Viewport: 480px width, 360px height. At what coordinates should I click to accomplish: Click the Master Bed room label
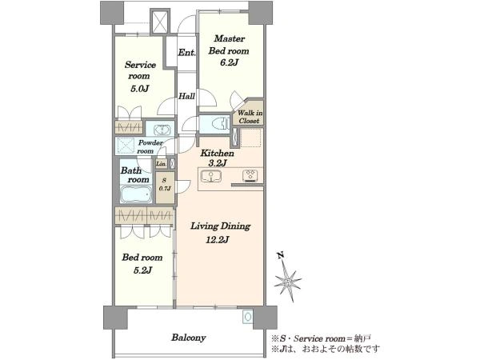pyautogui.click(x=229, y=45)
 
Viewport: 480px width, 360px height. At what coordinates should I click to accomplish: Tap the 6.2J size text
pyautogui.click(x=229, y=62)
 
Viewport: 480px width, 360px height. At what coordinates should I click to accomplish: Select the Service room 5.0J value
pyautogui.click(x=139, y=89)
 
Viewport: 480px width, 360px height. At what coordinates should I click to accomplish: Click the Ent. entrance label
pyautogui.click(x=186, y=53)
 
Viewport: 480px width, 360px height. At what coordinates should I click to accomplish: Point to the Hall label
pyautogui.click(x=186, y=96)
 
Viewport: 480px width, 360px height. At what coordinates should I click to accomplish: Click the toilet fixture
pyautogui.click(x=221, y=123)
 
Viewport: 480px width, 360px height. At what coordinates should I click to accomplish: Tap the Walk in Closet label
pyautogui.click(x=250, y=117)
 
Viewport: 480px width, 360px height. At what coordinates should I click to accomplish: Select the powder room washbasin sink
pyautogui.click(x=161, y=130)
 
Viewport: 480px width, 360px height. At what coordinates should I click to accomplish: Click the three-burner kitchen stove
pyautogui.click(x=250, y=176)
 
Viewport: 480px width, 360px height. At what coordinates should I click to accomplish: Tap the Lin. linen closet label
pyautogui.click(x=162, y=164)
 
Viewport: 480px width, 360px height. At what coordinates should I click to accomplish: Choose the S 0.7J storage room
pyautogui.click(x=165, y=187)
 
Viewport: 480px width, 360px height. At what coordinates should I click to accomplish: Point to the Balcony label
pyautogui.click(x=189, y=338)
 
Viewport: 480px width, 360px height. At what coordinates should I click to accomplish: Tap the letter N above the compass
pyautogui.click(x=280, y=255)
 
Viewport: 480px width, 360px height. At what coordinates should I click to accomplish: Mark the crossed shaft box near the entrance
pyautogui.click(x=160, y=22)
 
